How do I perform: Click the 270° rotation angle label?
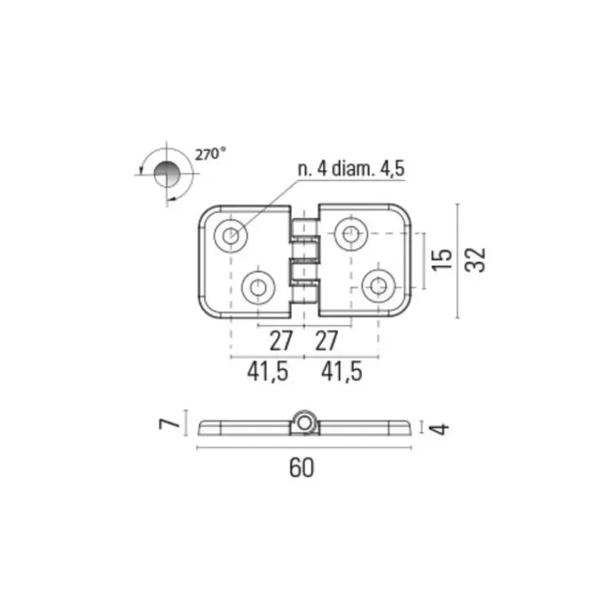(210, 154)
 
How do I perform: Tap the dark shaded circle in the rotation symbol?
(167, 174)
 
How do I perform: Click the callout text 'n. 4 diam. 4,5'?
(351, 168)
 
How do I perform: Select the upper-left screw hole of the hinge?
(231, 235)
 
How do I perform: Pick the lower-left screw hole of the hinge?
(258, 288)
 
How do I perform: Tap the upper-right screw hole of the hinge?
(351, 234)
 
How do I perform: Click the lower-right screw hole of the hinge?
(378, 286)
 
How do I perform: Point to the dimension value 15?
(441, 260)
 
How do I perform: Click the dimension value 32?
(475, 260)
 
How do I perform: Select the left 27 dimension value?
(281, 341)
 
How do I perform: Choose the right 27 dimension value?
(326, 341)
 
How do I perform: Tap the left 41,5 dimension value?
(268, 371)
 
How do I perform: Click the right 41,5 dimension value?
(341, 371)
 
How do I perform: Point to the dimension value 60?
(301, 467)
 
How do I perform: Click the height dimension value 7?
(169, 424)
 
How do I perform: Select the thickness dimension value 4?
(439, 429)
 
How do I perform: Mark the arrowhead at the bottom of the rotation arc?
(170, 200)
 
